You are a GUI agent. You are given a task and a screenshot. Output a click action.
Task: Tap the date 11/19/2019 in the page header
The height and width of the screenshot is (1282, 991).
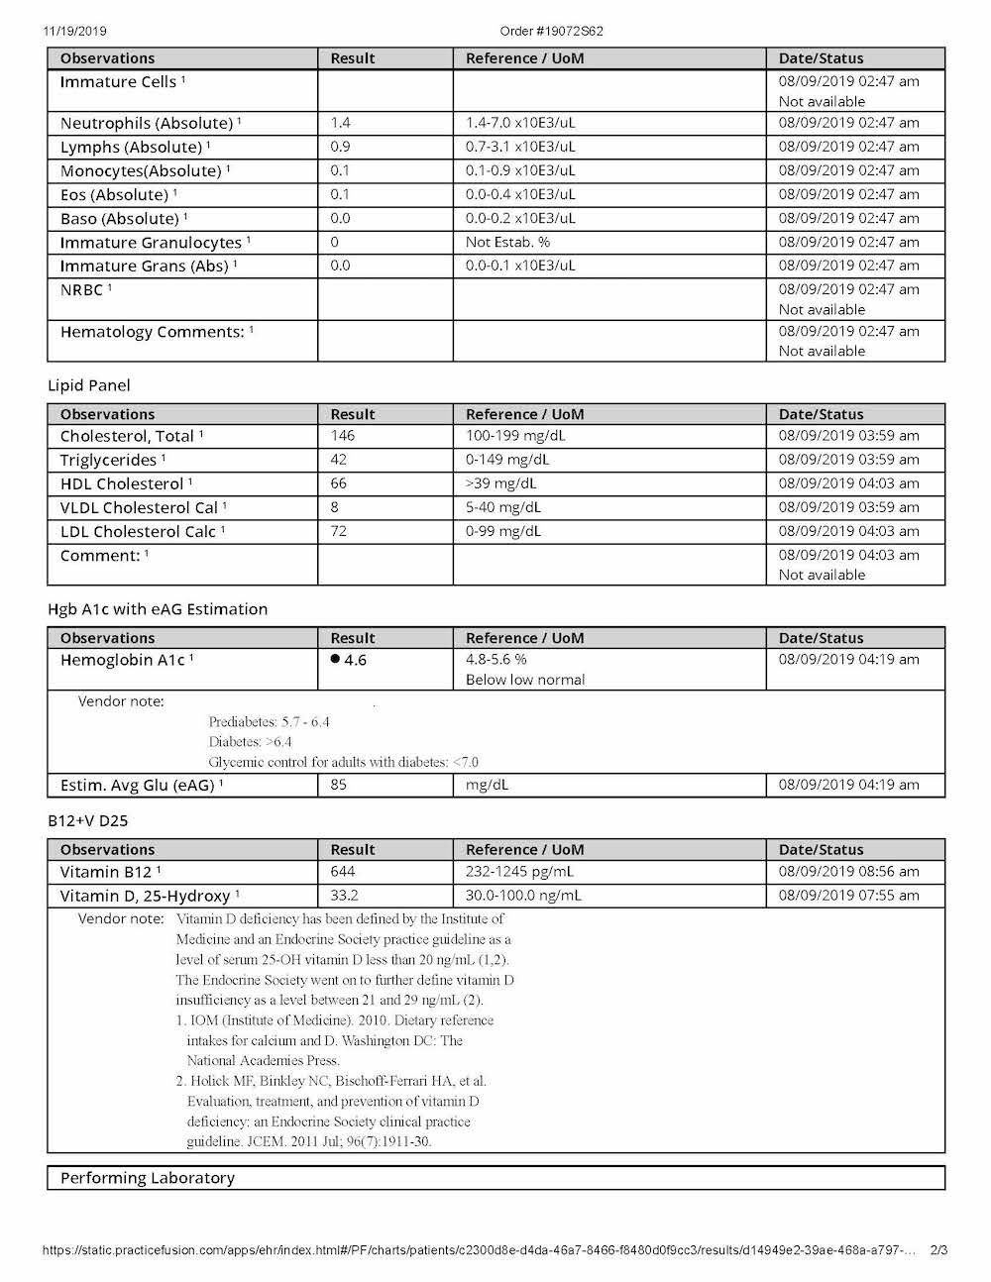[74, 31]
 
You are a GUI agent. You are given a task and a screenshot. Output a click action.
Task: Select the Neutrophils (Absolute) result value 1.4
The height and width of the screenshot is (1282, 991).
[341, 123]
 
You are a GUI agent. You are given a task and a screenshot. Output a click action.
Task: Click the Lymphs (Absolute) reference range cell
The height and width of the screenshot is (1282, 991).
[520, 147]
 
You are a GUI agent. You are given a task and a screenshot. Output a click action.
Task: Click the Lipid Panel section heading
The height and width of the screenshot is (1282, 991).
[89, 385]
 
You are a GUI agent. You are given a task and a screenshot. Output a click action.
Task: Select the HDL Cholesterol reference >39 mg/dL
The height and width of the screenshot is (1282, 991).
[500, 483]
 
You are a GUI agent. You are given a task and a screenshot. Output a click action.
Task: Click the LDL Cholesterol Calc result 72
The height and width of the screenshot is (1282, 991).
[339, 531]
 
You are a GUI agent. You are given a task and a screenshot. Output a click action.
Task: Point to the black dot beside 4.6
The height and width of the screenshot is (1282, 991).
[335, 659]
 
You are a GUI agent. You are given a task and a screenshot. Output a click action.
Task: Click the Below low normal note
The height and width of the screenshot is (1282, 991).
[525, 680]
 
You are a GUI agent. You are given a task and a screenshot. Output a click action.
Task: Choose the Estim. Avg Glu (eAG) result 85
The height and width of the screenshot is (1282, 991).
[339, 785]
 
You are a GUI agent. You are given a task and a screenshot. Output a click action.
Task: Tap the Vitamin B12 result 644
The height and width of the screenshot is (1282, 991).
[343, 872]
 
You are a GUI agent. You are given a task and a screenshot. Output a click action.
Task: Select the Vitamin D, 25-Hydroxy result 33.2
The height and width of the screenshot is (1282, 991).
[344, 896]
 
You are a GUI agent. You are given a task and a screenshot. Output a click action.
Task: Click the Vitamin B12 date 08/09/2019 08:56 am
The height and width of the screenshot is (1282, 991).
[848, 872]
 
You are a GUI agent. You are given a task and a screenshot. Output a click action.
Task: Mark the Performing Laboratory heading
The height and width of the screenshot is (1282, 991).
[148, 1178]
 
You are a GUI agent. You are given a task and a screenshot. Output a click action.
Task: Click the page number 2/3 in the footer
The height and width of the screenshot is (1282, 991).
[938, 1250]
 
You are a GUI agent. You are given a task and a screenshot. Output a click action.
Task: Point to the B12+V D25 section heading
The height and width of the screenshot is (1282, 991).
[87, 821]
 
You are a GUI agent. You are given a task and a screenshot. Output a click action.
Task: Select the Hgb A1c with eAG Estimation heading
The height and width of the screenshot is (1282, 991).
[158, 609]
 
